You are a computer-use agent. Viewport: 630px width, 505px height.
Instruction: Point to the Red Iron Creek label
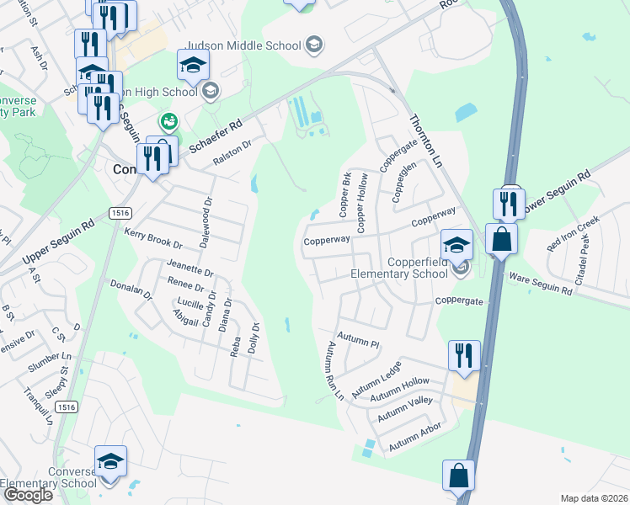pos(573,233)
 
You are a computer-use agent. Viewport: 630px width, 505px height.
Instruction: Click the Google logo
pos(28,495)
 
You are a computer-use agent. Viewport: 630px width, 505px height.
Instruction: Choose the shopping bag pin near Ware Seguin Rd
pos(501,239)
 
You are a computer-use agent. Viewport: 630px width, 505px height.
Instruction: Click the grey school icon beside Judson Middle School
pos(314,45)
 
